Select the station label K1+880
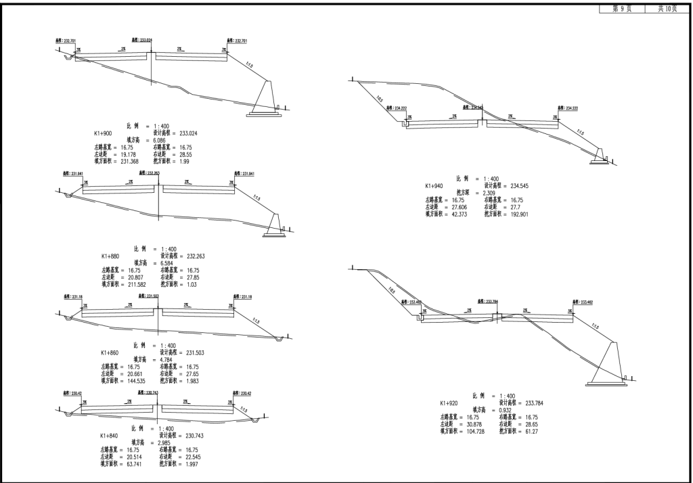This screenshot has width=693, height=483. coord(110,256)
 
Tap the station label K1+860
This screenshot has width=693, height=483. coord(110,352)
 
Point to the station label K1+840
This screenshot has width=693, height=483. coord(109,436)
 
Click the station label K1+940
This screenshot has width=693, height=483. coord(434,185)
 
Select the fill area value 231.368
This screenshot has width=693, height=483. coord(125,161)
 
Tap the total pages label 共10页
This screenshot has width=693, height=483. coord(667,9)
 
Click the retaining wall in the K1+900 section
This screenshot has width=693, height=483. coord(263,99)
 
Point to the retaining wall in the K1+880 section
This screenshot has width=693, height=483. coord(273,224)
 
